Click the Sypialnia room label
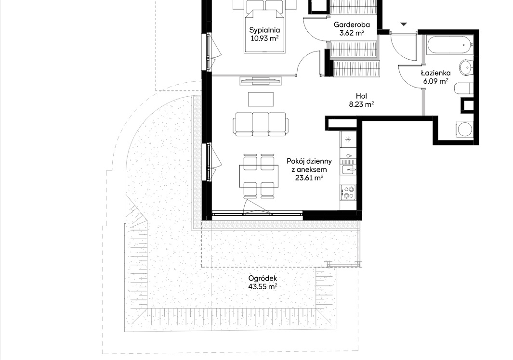[264, 30]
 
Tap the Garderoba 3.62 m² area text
[352, 29]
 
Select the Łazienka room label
[435, 73]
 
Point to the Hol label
[362, 96]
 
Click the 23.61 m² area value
[309, 178]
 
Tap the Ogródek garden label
[263, 279]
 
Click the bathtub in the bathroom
[449, 45]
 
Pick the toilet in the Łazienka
[463, 89]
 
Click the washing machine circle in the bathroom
[465, 129]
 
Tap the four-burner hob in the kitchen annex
[348, 192]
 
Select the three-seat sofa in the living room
[261, 124]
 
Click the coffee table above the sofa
[261, 100]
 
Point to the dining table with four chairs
[259, 176]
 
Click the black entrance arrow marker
[404, 24]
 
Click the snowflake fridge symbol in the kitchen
[348, 140]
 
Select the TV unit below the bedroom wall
[261, 80]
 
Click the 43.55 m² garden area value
[263, 287]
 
